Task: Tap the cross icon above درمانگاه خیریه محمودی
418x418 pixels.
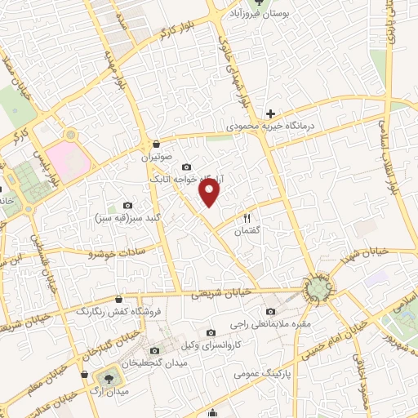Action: click(270, 113)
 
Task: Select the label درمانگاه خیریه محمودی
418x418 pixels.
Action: click(270, 127)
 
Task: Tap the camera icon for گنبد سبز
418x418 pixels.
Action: click(127, 205)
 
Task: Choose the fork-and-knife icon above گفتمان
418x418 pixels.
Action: click(246, 218)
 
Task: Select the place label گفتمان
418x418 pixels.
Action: click(246, 231)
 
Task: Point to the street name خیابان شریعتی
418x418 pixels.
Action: click(218, 295)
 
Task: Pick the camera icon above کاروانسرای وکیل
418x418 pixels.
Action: click(211, 333)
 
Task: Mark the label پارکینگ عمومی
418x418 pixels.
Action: click(257, 375)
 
